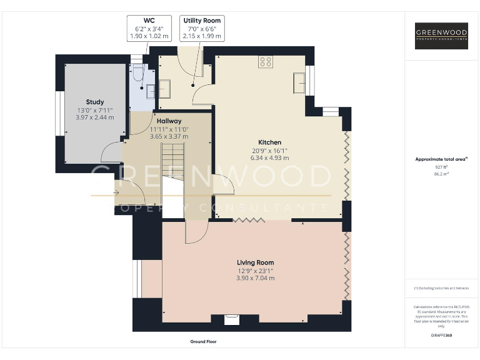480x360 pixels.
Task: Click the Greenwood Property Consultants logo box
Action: [x=442, y=36]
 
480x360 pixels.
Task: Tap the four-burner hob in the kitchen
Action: [x=266, y=61]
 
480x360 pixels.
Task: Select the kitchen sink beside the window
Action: [x=299, y=82]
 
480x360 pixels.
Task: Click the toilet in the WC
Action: [x=139, y=74]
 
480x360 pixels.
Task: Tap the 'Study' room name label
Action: [x=95, y=102]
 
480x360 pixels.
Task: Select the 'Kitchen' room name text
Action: [x=270, y=142]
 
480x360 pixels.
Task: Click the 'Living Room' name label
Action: [x=255, y=262]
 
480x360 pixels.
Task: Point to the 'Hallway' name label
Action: [x=169, y=121]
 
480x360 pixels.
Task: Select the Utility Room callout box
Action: [x=201, y=29]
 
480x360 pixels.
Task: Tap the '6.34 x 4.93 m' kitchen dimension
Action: [x=270, y=158]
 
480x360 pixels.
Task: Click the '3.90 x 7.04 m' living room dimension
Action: [x=255, y=278]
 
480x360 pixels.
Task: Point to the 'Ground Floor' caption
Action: [x=203, y=342]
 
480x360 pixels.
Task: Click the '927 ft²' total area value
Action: [x=442, y=167]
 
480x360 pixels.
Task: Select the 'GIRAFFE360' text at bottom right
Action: [x=442, y=336]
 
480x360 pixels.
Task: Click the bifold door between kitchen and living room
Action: [x=249, y=219]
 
